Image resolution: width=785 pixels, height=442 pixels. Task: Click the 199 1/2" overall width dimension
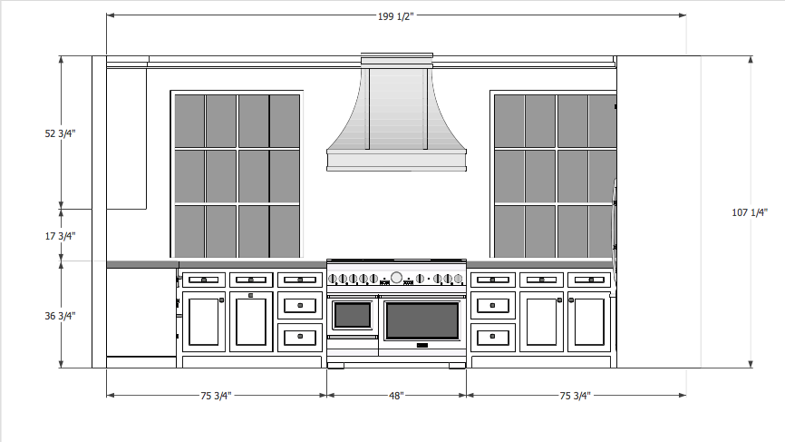click(395, 16)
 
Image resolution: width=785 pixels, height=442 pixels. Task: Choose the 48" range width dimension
click(396, 396)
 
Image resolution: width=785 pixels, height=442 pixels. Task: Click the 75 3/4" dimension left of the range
click(216, 396)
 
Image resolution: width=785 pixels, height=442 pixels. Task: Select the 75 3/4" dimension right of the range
click(577, 396)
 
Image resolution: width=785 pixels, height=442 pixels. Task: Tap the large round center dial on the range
click(396, 278)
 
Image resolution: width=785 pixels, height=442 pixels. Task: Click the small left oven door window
click(353, 316)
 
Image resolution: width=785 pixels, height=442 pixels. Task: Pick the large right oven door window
click(422, 320)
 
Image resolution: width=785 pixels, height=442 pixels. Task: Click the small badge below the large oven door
click(422, 346)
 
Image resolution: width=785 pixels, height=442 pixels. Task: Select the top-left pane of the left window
click(189, 120)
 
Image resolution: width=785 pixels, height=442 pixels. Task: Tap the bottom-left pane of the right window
click(509, 231)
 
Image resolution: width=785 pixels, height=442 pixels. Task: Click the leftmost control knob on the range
click(333, 279)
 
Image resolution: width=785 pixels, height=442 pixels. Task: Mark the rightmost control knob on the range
click(460, 279)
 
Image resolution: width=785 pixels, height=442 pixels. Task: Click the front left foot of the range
click(334, 366)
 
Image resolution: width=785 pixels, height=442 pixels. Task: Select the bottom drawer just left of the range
click(300, 337)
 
